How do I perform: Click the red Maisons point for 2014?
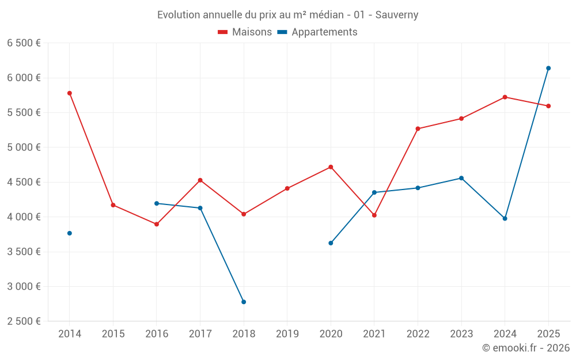click(70, 93)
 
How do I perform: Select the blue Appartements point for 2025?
click(548, 68)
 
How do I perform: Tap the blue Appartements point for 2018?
click(244, 302)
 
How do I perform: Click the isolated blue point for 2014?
click(70, 233)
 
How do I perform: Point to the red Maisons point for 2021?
click(374, 215)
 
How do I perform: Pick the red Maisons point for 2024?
click(505, 97)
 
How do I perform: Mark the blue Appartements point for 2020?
click(331, 243)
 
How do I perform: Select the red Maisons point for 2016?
click(157, 224)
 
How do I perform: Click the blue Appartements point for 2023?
click(461, 178)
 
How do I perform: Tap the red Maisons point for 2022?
click(418, 129)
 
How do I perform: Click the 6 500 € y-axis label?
click(24, 43)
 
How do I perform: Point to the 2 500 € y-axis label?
click(24, 321)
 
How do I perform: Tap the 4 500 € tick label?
click(24, 182)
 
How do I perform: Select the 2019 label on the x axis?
click(287, 334)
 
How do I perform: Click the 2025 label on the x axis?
click(548, 334)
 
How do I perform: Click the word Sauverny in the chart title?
click(397, 15)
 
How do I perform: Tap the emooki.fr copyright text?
click(526, 348)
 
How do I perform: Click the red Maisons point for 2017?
click(200, 180)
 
